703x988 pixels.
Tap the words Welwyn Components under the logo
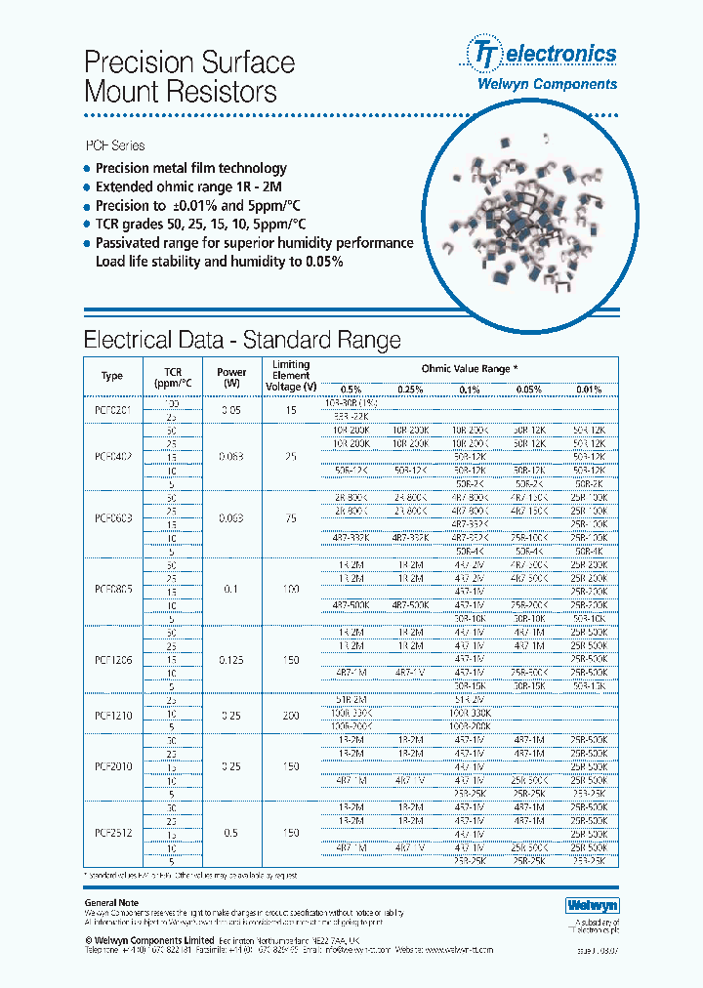click(x=559, y=84)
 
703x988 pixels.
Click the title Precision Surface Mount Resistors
click(x=189, y=77)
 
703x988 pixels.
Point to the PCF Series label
click(x=115, y=145)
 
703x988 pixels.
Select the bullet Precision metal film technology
click(x=190, y=168)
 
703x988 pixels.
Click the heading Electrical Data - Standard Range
click(x=242, y=340)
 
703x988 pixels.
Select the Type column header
click(x=112, y=376)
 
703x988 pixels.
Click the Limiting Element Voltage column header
click(x=290, y=375)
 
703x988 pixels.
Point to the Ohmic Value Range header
click(x=470, y=368)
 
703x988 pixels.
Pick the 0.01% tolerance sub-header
click(x=589, y=390)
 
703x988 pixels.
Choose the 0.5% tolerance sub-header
click(x=351, y=390)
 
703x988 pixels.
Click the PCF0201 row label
click(x=112, y=411)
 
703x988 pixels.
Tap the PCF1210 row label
click(x=112, y=715)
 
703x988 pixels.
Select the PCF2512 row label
click(x=112, y=833)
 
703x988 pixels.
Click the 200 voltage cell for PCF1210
click(x=290, y=715)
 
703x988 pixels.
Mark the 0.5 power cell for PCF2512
click(x=231, y=833)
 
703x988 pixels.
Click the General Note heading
click(x=111, y=903)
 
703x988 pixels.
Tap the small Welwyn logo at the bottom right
click(x=593, y=906)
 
